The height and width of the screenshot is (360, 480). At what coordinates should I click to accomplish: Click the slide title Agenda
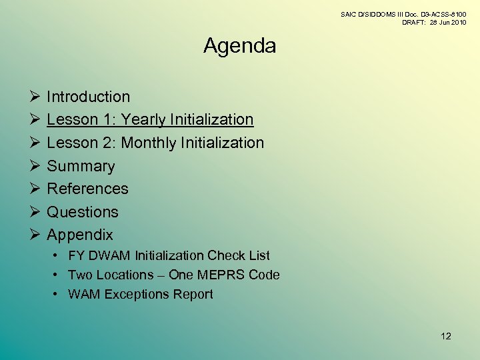[x=239, y=46]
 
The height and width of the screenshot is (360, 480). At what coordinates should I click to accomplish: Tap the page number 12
[x=446, y=336]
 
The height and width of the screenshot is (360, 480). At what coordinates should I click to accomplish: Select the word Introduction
[x=88, y=97]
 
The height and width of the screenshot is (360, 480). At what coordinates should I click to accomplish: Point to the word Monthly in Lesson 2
[x=149, y=143]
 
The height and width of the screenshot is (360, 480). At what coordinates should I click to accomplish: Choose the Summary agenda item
[x=81, y=166]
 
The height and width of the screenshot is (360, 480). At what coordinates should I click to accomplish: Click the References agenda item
[x=87, y=189]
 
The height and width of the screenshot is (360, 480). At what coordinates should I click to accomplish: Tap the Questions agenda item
[x=82, y=212]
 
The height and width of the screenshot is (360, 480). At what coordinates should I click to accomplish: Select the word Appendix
[x=80, y=235]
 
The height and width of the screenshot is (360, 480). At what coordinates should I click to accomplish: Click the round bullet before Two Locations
[x=58, y=275]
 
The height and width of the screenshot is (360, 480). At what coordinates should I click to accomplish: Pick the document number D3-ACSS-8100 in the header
[x=438, y=14]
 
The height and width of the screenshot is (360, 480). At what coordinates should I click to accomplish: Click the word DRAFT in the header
[x=414, y=22]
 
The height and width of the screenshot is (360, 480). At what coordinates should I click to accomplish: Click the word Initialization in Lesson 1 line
[x=212, y=120]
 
